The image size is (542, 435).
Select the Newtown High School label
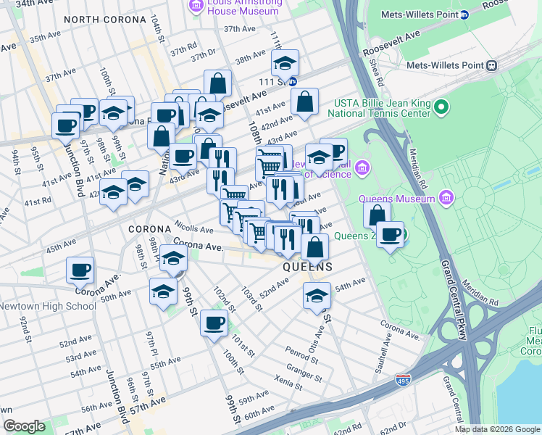(48, 306)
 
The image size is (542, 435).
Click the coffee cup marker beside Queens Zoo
(391, 235)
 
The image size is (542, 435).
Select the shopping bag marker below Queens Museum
(377, 215)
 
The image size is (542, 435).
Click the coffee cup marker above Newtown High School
(80, 270)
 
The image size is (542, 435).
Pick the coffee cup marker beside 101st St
(213, 323)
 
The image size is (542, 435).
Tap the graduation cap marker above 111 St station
(285, 63)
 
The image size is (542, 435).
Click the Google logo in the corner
(24, 426)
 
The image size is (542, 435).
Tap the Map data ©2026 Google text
(497, 429)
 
